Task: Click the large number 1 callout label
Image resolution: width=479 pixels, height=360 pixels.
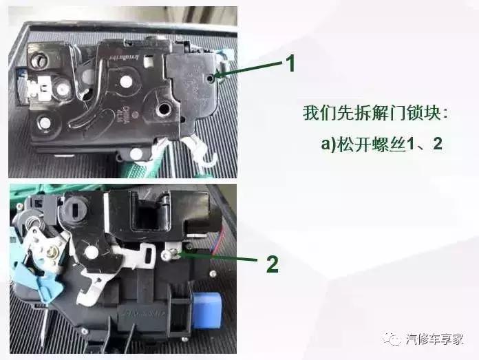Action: (x=290, y=64)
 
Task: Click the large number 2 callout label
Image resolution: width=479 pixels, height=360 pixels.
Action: (x=273, y=264)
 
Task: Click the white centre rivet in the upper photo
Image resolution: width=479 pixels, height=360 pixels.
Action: (x=126, y=81)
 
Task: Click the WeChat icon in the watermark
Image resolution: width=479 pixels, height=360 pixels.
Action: (x=393, y=338)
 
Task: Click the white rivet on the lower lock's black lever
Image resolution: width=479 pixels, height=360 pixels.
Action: (x=89, y=252)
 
